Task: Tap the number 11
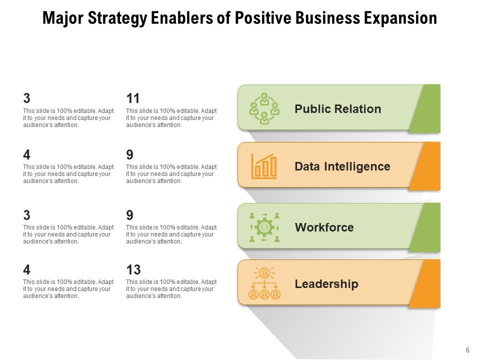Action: (x=133, y=98)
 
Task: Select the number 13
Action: (x=133, y=270)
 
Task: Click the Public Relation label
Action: (x=338, y=109)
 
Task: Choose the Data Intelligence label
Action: (x=342, y=166)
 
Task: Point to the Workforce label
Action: (x=324, y=227)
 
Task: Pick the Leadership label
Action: (x=326, y=284)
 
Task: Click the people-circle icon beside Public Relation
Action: (x=264, y=108)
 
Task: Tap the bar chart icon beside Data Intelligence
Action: (x=264, y=166)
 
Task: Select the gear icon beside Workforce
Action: (x=264, y=227)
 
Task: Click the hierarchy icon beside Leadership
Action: (x=264, y=283)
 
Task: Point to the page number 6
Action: (x=467, y=350)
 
